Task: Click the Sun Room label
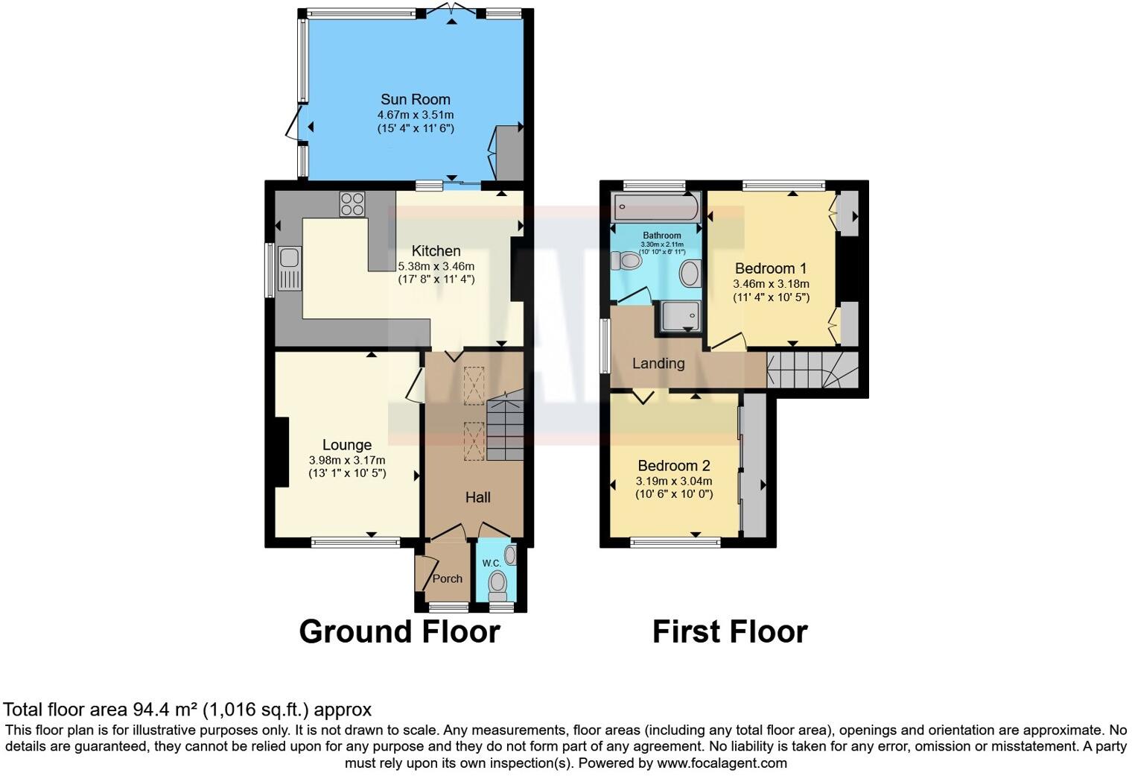tap(415, 99)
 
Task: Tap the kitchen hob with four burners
tap(352, 204)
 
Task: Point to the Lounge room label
tap(346, 446)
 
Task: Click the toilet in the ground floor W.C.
tap(498, 584)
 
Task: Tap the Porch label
tap(447, 578)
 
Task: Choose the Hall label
tap(477, 497)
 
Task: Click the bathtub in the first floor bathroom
tap(655, 206)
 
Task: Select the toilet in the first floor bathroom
tap(625, 261)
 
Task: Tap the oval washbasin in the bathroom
tap(690, 274)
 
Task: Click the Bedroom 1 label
tap(770, 268)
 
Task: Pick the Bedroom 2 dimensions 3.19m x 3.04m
tap(673, 481)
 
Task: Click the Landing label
tap(658, 364)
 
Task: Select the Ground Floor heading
tap(399, 631)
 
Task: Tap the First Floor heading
tap(729, 631)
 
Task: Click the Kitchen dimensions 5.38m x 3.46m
tap(436, 266)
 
